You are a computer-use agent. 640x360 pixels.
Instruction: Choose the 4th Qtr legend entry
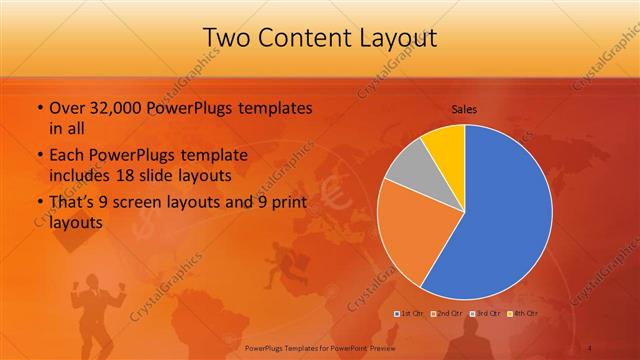coord(521,314)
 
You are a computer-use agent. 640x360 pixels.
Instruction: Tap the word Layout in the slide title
coord(399,38)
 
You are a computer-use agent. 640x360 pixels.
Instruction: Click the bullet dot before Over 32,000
coord(38,108)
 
